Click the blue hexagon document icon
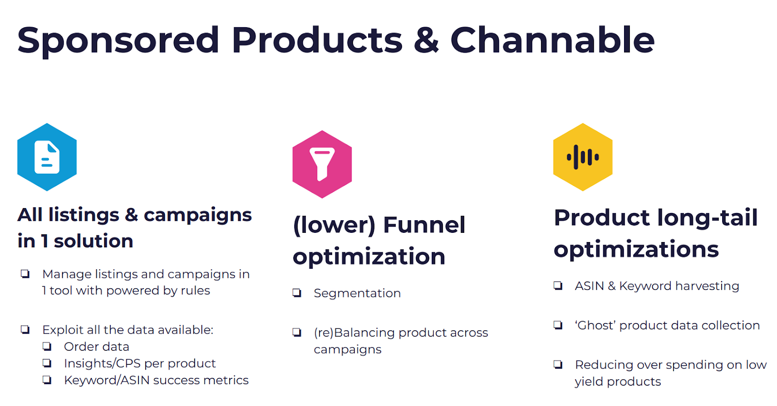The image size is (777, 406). point(47,157)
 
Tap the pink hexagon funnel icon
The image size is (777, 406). point(322,164)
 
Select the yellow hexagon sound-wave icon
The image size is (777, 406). point(583,157)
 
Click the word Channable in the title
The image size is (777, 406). point(552,40)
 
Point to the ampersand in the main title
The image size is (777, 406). point(426,40)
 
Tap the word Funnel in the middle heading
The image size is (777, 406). point(424,225)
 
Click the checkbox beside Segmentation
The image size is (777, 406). point(297,293)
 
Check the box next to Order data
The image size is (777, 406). point(47,346)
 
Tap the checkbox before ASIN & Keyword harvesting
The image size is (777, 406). point(558,286)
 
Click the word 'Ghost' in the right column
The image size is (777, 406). point(595,325)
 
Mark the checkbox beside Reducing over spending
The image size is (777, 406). point(558,364)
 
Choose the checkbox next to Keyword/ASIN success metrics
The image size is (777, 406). point(47,380)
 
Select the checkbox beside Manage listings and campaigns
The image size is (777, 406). point(25,274)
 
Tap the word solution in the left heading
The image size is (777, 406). point(93,241)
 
